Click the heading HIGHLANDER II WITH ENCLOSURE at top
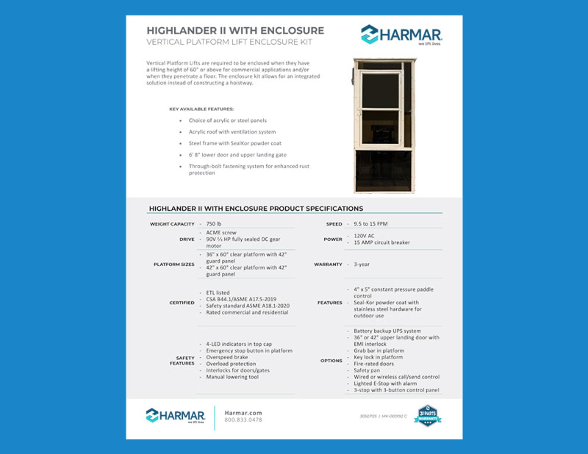coord(235,31)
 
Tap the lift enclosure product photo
coord(379,125)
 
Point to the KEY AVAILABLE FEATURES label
coord(201,109)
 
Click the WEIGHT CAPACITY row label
coord(172,223)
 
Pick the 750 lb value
coord(214,223)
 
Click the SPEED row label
coord(334,223)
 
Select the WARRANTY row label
coord(328,264)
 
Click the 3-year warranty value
coord(362,264)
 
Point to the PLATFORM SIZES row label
coord(173,264)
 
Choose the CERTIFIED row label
coord(182,303)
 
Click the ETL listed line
coord(218,292)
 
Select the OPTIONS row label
coord(331,361)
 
